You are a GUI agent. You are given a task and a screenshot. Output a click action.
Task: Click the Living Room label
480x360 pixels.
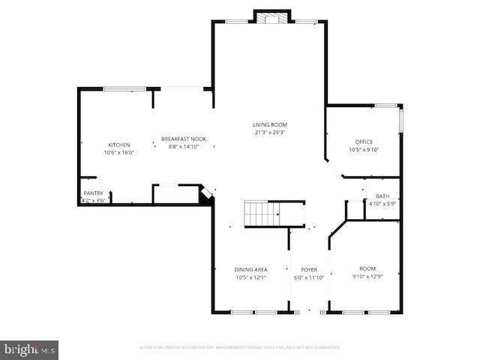pos(269,124)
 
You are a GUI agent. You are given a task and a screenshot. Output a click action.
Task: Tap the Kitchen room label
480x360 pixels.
pos(118,145)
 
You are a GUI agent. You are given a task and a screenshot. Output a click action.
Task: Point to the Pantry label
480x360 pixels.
pos(94,193)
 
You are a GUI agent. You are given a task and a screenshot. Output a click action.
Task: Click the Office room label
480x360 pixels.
pos(364,142)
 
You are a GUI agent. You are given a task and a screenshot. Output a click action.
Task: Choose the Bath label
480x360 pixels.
pos(382,196)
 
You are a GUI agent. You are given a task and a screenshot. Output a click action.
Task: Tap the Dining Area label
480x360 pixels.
pos(250,269)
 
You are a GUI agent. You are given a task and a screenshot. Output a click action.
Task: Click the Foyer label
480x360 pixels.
pos(309,269)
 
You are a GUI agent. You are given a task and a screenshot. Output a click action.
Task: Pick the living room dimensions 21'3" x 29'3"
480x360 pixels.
pos(269,133)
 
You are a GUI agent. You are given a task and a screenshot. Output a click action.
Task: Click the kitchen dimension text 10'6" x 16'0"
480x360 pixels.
pos(118,152)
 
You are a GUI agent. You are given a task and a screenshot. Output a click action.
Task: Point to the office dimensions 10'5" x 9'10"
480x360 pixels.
pos(364,149)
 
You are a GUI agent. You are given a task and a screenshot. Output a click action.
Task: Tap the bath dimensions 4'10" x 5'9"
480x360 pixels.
pos(382,203)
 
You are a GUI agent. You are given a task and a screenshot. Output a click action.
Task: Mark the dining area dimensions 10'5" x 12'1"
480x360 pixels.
pos(250,277)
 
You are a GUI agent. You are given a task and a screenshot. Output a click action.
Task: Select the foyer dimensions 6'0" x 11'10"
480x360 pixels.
pos(309,277)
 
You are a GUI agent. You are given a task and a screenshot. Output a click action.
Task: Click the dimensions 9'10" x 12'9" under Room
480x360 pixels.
pos(367,277)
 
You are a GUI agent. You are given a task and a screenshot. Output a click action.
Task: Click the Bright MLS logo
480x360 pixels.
pos(30,349)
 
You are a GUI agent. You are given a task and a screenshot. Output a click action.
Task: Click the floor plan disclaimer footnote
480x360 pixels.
pos(240,347)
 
